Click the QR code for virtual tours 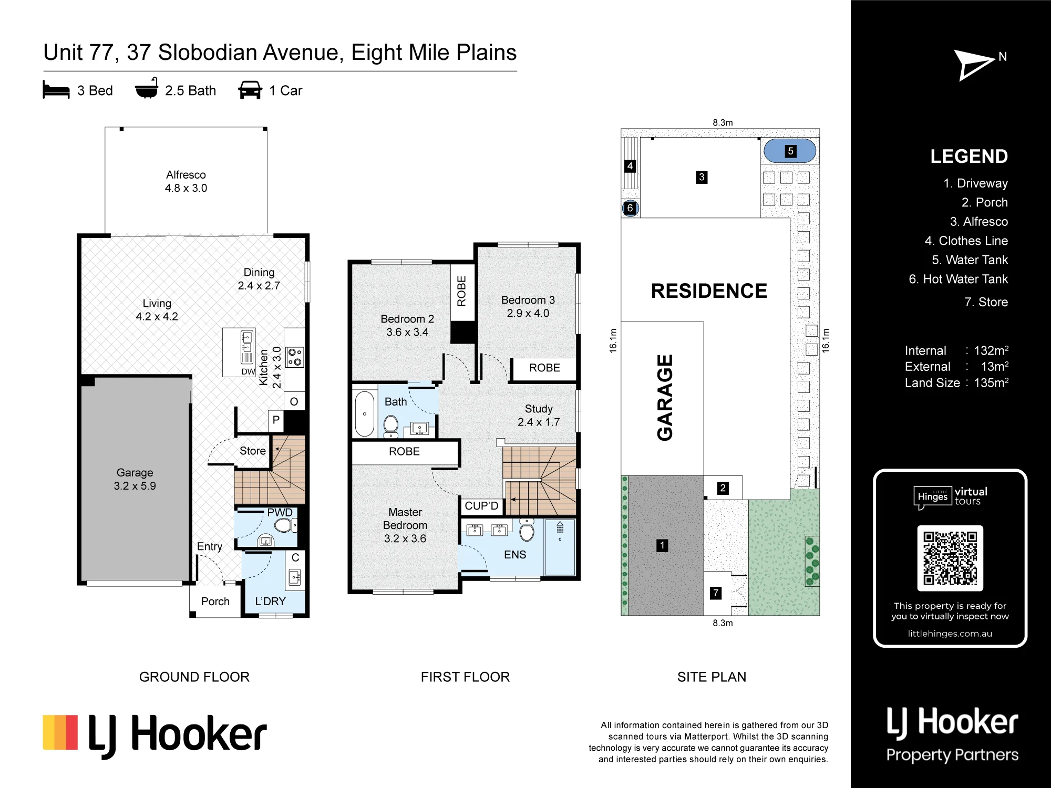click(x=950, y=558)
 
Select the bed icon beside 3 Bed click(x=56, y=90)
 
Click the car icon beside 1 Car click(x=250, y=90)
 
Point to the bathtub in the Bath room click(x=365, y=414)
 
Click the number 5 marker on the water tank click(x=790, y=151)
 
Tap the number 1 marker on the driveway click(x=662, y=546)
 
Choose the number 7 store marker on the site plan click(x=715, y=593)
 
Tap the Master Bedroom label click(x=405, y=525)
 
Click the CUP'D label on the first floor click(x=481, y=506)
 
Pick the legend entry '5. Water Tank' click(x=970, y=260)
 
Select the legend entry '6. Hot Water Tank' click(x=959, y=279)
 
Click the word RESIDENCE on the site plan click(x=709, y=291)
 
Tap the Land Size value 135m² click(x=991, y=382)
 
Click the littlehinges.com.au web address click(x=950, y=634)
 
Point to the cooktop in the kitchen click(x=295, y=357)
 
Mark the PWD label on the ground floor click(x=280, y=513)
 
